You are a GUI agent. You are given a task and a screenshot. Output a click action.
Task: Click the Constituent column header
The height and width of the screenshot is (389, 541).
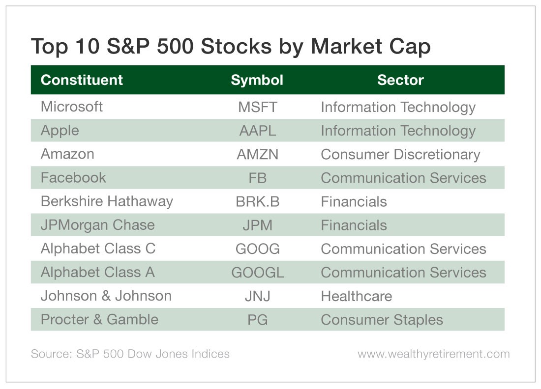tap(82, 80)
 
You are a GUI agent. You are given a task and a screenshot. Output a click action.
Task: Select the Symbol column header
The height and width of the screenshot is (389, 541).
tap(257, 80)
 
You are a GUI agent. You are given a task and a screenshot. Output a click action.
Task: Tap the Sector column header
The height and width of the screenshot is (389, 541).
tap(400, 80)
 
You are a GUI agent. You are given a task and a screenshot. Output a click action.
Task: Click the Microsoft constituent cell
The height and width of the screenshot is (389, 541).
tap(72, 107)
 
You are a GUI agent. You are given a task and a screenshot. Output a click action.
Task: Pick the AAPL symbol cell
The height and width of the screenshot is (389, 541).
tap(258, 131)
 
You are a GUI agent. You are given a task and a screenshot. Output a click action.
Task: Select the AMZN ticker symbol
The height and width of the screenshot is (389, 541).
tap(257, 154)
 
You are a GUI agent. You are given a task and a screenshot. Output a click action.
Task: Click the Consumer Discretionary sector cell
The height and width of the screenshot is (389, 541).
tap(400, 155)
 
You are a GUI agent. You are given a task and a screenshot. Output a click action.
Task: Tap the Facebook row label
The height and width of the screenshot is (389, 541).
tap(73, 178)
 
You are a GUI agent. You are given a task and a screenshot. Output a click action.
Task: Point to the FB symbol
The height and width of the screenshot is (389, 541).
tap(258, 178)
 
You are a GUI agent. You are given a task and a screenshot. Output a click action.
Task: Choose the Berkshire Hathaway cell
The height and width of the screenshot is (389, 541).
tap(107, 201)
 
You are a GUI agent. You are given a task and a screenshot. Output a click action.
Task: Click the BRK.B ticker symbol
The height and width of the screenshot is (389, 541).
tap(258, 201)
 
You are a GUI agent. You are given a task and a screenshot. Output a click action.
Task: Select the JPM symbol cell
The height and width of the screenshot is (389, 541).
tap(258, 225)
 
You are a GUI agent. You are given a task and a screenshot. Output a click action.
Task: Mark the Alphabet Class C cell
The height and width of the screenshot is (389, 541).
tap(98, 249)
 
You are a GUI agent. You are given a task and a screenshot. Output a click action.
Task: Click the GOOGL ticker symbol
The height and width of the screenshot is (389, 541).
tap(258, 273)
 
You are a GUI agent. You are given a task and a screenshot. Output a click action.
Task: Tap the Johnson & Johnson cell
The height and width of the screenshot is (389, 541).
tap(106, 296)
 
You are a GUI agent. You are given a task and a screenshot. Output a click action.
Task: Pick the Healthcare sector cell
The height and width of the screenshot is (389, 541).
tap(357, 296)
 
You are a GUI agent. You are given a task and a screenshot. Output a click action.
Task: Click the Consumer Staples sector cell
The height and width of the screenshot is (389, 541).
tap(382, 320)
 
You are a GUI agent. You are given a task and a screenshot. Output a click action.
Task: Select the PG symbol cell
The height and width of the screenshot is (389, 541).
tap(258, 320)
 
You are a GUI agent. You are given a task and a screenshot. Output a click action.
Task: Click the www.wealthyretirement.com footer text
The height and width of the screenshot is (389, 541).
tap(434, 354)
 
